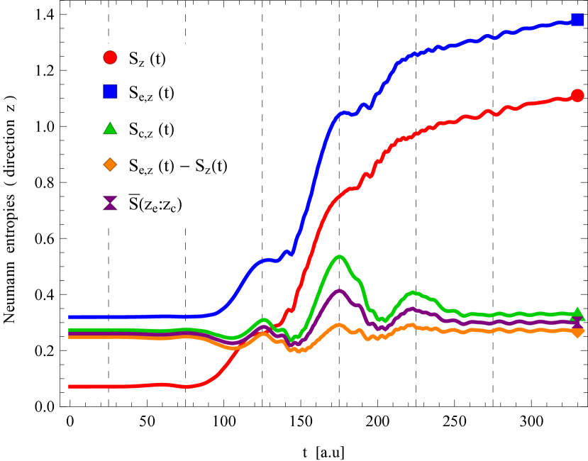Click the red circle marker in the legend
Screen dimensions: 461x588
[x=110, y=58]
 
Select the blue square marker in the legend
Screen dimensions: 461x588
[x=110, y=91]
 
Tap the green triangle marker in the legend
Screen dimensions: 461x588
[x=110, y=129]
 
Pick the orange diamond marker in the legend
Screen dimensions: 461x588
[x=110, y=165]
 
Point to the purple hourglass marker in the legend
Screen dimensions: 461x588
[x=110, y=204]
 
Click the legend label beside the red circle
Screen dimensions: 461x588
[x=147, y=60]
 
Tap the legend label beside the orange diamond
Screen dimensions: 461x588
[x=177, y=167]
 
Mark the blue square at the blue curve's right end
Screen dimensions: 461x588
[x=577, y=20]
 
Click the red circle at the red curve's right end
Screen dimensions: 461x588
[x=577, y=96]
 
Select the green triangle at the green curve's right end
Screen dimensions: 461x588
[x=577, y=313]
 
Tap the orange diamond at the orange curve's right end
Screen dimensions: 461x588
[x=577, y=331]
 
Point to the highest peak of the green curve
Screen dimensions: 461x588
[x=340, y=257]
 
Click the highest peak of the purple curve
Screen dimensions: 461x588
[x=340, y=291]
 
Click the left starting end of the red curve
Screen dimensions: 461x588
[x=70, y=387]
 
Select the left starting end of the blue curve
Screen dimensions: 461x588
[x=70, y=316]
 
